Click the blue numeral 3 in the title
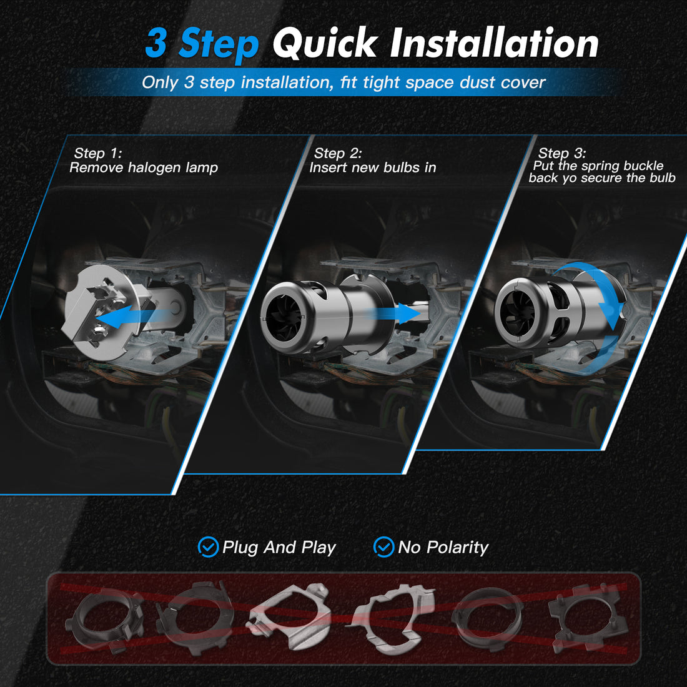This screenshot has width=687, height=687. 156,44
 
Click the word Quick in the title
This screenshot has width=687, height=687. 324,44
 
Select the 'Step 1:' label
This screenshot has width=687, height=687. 98,153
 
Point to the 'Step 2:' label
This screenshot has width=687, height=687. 338,153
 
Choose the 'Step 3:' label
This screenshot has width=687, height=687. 562,153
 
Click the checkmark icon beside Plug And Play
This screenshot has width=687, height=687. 207,547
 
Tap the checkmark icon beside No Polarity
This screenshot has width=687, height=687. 383,547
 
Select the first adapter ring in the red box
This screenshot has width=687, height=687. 103,618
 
